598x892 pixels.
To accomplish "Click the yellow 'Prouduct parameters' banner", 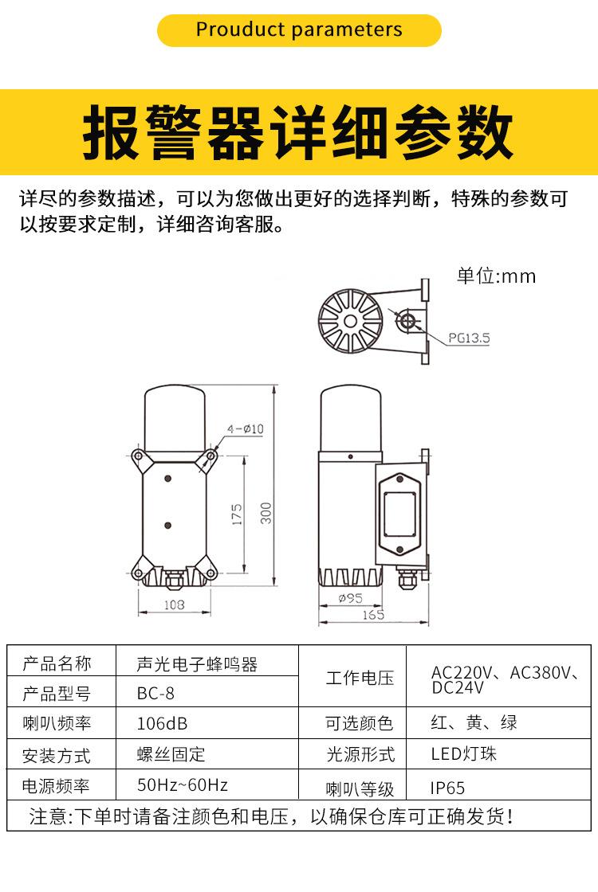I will point(299,30).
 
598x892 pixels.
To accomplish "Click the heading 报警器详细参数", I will point(299,131).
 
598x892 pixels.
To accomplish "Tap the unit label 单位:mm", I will point(496,276).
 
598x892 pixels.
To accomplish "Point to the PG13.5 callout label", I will point(468,338).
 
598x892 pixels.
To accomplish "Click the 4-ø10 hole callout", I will point(245,428).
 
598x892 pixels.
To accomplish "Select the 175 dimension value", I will point(237,514).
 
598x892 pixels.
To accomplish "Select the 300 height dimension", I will point(267,512).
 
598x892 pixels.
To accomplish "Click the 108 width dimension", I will point(174,604).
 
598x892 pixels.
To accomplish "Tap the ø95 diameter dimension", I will point(350,598).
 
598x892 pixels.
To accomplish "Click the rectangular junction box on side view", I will point(402,513).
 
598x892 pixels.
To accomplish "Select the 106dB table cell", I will point(163,723).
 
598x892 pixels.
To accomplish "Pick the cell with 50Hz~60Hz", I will point(183,784).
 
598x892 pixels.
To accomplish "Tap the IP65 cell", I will point(447,788).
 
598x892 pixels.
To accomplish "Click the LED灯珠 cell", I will point(463,753).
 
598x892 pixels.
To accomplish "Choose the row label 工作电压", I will point(360,678).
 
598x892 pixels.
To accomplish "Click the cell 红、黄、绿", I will point(474,722).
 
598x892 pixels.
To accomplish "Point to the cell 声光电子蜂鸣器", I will point(197,663).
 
